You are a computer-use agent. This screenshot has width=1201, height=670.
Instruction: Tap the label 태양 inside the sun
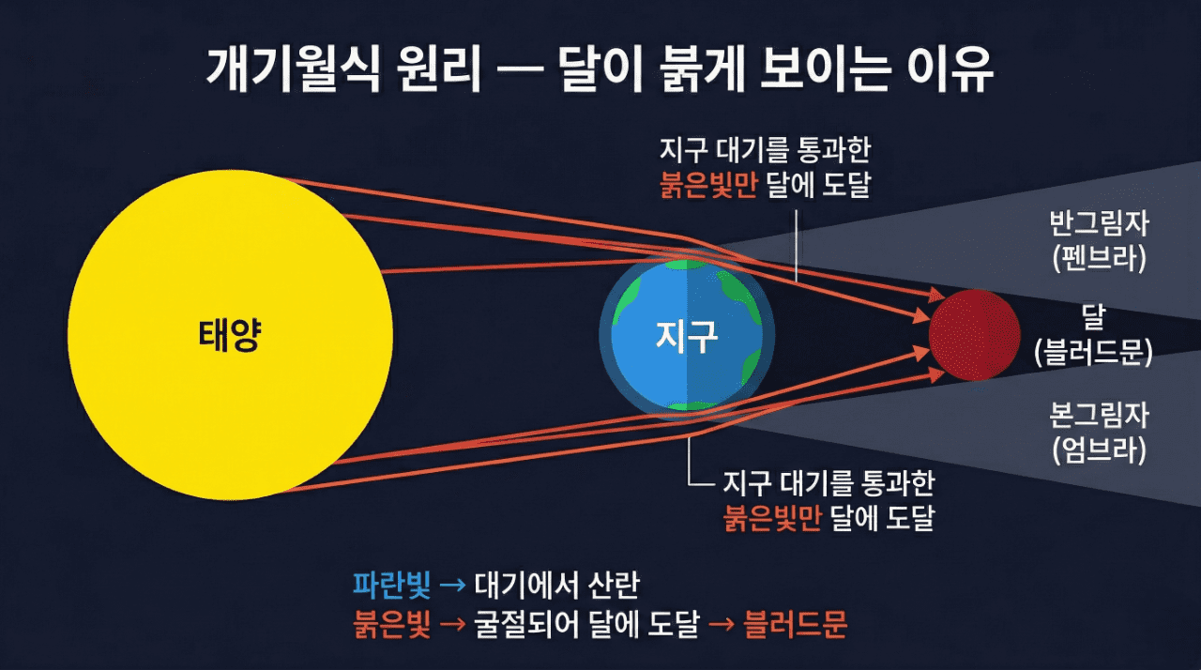[x=229, y=336]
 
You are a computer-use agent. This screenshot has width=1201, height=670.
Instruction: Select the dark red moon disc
[x=974, y=334]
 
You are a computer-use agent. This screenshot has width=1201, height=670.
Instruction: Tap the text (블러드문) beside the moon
[x=1093, y=352]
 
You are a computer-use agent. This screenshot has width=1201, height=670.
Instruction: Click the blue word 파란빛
[x=391, y=586]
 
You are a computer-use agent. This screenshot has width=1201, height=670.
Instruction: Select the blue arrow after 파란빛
[x=452, y=586]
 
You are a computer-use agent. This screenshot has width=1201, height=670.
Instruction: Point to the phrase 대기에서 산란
[x=557, y=586]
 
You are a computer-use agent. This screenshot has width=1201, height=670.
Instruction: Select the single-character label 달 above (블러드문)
[x=1093, y=317]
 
